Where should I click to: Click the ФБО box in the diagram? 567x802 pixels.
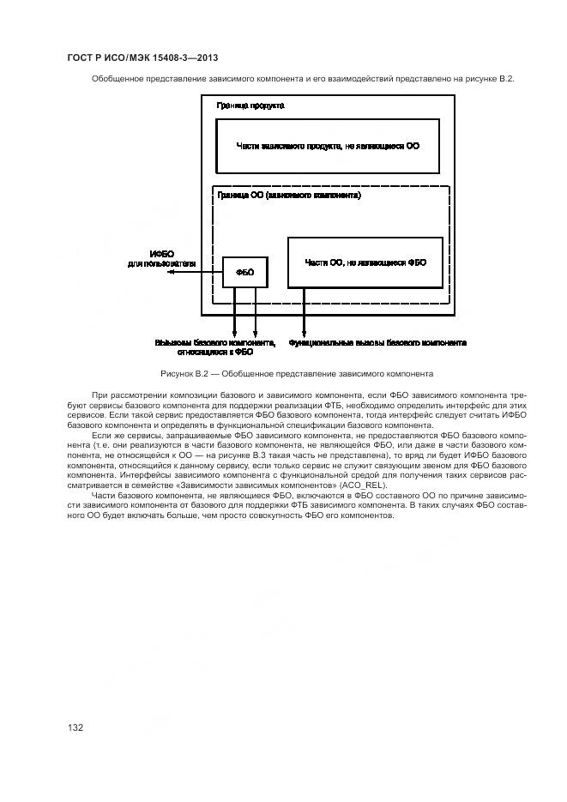[x=244, y=272]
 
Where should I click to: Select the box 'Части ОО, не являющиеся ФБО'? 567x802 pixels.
[x=365, y=262]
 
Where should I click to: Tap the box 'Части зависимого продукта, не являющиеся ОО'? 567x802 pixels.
[x=327, y=146]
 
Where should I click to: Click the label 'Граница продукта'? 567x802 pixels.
[x=250, y=106]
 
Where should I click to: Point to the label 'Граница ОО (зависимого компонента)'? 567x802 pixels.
[x=288, y=196]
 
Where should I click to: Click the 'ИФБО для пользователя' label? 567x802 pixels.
[x=162, y=259]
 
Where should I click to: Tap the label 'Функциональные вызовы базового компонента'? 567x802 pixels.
[x=377, y=342]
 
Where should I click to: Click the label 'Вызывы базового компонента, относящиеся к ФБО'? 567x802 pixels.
[x=215, y=347]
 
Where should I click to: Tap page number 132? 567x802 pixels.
[x=75, y=727]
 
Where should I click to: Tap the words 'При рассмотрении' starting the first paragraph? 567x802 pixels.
[x=123, y=395]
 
